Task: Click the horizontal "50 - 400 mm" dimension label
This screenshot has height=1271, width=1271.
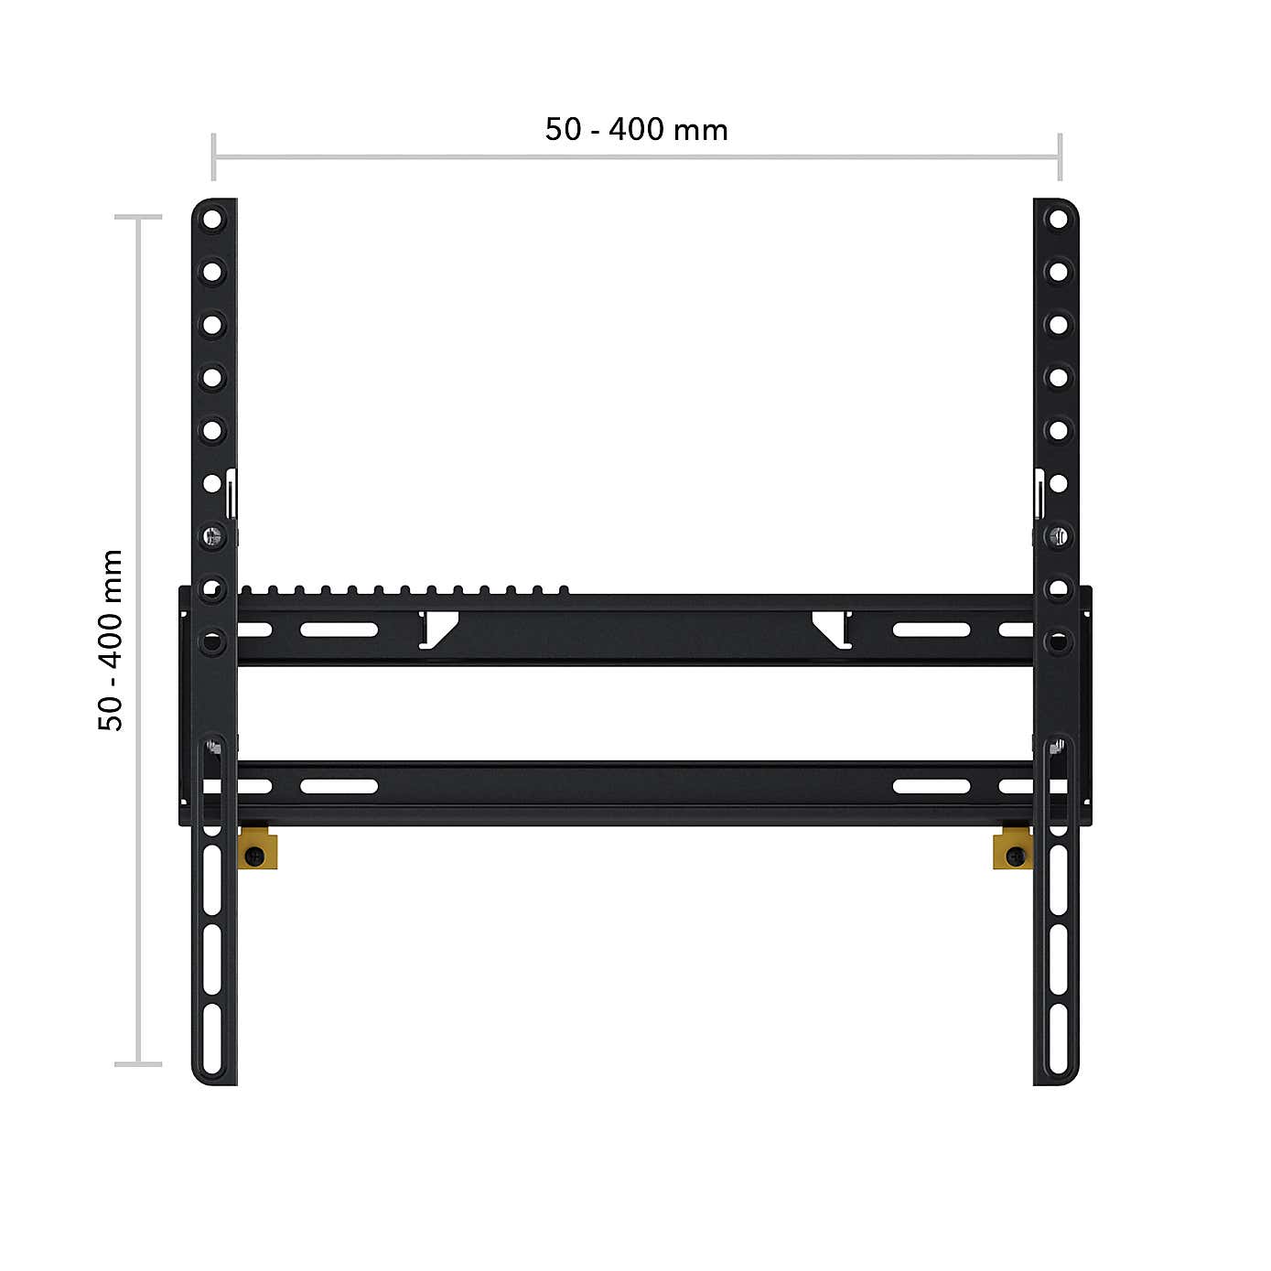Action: [636, 130]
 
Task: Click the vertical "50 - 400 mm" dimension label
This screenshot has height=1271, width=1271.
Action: [110, 640]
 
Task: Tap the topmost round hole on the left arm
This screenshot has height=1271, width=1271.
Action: [212, 220]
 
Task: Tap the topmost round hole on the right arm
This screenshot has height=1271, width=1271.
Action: [1058, 220]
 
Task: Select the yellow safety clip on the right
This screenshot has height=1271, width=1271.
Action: [1013, 849]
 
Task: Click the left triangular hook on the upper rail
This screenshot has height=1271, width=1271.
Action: [439, 630]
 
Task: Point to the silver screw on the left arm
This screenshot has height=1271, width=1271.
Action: [212, 535]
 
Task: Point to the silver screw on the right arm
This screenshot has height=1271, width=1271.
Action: [1058, 535]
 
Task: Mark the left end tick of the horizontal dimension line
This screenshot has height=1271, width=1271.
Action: [213, 157]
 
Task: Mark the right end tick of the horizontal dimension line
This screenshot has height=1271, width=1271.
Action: [1060, 157]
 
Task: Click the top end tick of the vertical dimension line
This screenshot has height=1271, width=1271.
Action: [138, 218]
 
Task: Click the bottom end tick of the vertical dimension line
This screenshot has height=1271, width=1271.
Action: [138, 1063]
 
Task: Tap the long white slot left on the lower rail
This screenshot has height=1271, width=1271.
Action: [339, 786]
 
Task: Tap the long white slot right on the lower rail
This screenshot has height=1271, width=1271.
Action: [932, 786]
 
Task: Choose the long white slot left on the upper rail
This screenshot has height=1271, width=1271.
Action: [339, 630]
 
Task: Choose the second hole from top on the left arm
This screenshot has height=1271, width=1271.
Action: [212, 272]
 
